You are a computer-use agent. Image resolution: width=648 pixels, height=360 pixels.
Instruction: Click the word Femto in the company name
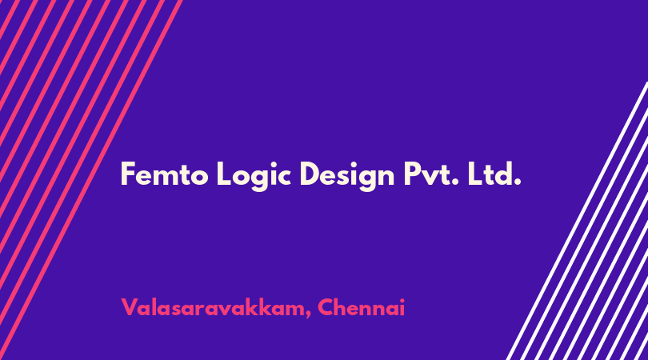(x=165, y=174)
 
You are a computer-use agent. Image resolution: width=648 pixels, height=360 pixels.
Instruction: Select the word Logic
(x=254, y=176)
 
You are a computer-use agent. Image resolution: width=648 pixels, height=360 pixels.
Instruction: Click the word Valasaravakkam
(x=213, y=307)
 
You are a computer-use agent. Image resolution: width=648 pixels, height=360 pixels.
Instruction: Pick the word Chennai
(x=361, y=307)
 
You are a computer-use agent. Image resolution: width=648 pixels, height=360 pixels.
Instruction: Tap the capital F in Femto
(x=128, y=174)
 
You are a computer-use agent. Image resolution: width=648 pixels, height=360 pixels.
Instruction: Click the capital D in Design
(x=310, y=174)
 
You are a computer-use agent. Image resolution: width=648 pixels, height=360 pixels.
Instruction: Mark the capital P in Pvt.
(x=412, y=174)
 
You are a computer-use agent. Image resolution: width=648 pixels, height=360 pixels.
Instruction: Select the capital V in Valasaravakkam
(x=130, y=307)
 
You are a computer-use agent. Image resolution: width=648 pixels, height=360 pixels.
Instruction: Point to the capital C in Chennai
(x=326, y=307)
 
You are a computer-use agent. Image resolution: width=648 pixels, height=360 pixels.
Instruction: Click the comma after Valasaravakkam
(x=308, y=316)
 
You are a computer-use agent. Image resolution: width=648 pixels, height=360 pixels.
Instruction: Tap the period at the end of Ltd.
(x=517, y=182)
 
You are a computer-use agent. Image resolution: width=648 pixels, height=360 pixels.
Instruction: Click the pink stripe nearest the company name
(x=91, y=180)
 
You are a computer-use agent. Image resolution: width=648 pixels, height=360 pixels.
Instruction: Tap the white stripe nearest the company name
(x=578, y=221)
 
